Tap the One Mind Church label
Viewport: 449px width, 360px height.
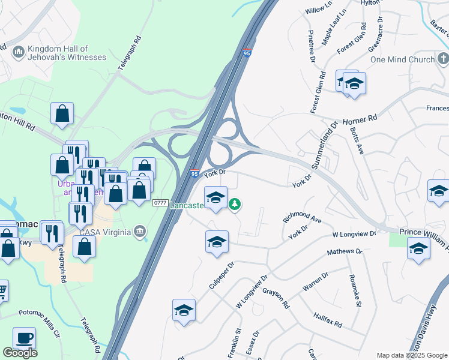pos(402,59)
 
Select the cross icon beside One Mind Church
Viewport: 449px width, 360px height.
pos(443,59)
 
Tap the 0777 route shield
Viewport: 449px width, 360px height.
pos(160,203)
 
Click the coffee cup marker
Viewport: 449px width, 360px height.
pos(24,338)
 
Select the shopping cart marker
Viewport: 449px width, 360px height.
pos(2,291)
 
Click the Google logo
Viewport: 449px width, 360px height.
pos(20,353)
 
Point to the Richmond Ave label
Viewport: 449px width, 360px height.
pos(303,216)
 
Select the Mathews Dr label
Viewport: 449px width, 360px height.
pos(345,252)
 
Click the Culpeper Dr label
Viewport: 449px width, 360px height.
pos(221,275)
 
